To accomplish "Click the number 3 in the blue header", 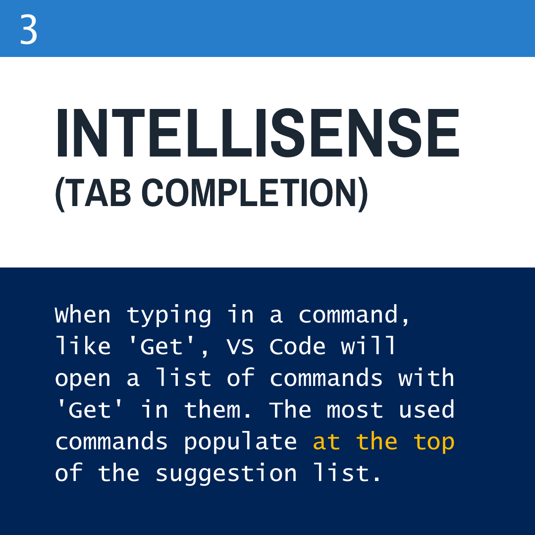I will [29, 30].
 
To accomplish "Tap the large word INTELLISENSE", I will [258, 132].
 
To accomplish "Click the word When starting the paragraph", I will [83, 316].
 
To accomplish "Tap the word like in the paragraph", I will [83, 346].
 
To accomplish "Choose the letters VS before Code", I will [240, 347].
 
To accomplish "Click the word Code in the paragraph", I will [297, 347].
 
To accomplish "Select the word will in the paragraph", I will [369, 346].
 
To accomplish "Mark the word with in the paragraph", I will [426, 378].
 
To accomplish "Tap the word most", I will [355, 410].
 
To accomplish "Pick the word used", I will [427, 410].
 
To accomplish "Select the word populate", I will [240, 442].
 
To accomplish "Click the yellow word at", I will [326, 442].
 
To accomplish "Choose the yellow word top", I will [433, 442].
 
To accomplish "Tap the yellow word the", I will [376, 441].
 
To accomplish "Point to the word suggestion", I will [226, 474].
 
